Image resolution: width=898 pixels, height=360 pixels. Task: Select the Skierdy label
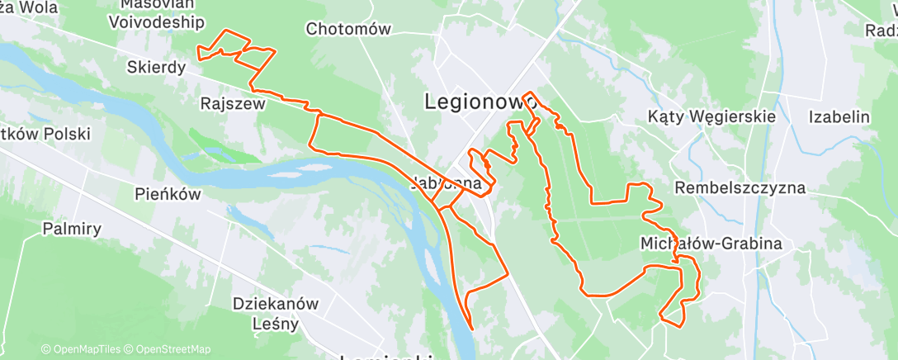coord(157,67)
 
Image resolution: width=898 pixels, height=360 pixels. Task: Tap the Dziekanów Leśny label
coord(276,313)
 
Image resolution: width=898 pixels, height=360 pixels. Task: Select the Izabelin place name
coord(839,116)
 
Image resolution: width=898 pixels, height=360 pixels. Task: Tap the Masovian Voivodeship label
coord(156,13)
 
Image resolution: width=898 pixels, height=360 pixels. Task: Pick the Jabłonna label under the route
coord(446,183)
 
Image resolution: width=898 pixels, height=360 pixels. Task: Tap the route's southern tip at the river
coord(471,327)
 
